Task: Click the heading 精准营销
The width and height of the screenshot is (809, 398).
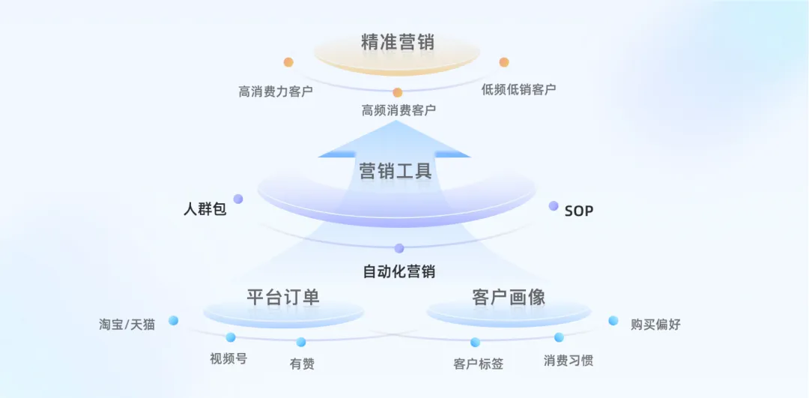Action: pos(397,42)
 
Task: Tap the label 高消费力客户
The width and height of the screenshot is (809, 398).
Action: pos(276,92)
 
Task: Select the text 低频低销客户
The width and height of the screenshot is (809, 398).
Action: pos(518,90)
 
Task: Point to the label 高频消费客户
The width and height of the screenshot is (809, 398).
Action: pos(399,110)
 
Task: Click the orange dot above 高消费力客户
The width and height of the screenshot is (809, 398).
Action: pos(288,62)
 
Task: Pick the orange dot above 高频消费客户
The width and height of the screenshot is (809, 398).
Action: pos(398,92)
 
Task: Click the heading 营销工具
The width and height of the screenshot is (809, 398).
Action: pos(396,171)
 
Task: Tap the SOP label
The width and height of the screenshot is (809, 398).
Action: pos(578,211)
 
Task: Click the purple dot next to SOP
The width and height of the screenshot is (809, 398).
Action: pos(554,205)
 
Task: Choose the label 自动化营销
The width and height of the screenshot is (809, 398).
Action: pos(399,271)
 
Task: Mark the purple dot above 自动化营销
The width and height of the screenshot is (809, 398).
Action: pos(399,248)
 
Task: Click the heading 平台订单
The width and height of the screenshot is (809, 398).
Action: pos(283,297)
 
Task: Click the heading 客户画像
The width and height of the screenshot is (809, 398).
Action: pos(509,297)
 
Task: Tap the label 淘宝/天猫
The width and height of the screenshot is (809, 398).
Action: pos(127,325)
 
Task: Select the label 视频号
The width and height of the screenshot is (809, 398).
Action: pos(228,358)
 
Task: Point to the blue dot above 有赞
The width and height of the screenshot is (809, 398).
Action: pos(301,342)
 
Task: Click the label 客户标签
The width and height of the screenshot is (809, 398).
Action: pos(478,364)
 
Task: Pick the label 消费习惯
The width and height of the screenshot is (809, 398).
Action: pos(568,361)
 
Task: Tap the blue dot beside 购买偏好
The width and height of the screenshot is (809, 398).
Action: pos(613,321)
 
